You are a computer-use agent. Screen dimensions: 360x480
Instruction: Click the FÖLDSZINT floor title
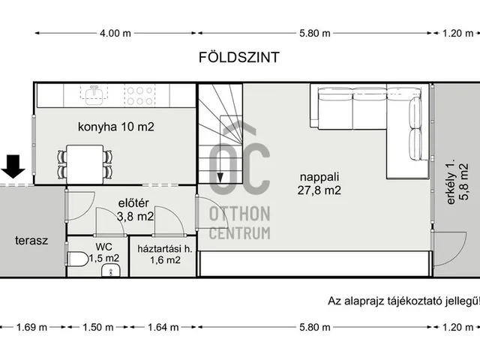click(x=240, y=57)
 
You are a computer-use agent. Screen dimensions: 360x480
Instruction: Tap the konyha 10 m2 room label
click(x=116, y=127)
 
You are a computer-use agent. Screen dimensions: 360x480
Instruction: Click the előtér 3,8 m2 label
click(x=136, y=208)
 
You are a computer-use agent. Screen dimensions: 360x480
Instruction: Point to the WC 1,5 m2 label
click(x=103, y=252)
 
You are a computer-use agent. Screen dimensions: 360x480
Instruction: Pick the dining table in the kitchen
click(x=84, y=161)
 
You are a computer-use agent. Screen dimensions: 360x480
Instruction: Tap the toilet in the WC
click(x=76, y=260)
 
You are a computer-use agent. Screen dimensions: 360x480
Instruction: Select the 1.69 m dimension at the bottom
click(x=31, y=328)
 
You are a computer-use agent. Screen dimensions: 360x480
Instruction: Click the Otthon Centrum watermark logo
click(x=240, y=195)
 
